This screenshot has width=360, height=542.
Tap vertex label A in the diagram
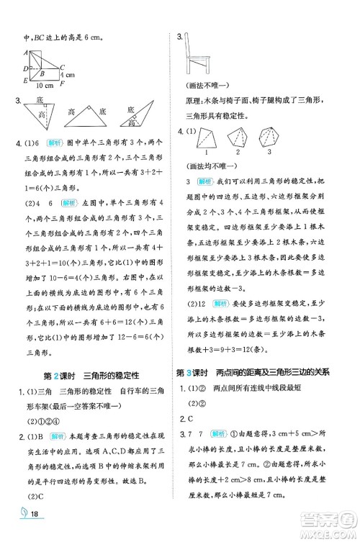26,53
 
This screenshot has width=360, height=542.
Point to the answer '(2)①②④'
42,422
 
